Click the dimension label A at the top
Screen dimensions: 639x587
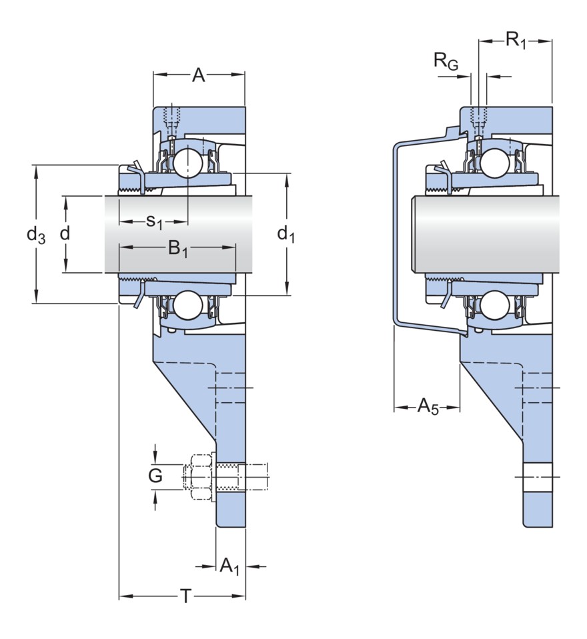(198, 76)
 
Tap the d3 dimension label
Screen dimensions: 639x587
(36, 234)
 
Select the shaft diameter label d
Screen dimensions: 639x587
(65, 234)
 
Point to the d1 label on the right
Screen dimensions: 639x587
(286, 234)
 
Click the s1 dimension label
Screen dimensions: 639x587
(154, 221)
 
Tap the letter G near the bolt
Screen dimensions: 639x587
(155, 476)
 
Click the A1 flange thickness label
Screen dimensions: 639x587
(229, 567)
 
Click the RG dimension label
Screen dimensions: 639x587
(446, 62)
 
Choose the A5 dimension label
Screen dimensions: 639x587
(428, 406)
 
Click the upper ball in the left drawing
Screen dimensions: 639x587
(186, 163)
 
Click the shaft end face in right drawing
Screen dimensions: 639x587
(416, 234)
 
